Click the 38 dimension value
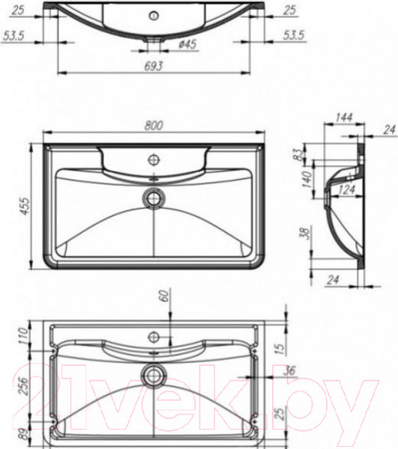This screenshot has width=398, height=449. [x=304, y=233]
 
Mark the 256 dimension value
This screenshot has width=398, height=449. [x=22, y=383]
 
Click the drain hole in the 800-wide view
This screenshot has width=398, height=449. [x=154, y=198]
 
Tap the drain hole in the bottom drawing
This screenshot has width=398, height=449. [x=155, y=373]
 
